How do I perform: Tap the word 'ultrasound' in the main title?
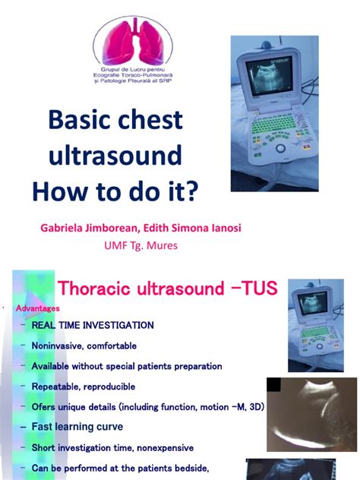pos(115,155)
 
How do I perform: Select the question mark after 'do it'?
pos(191,191)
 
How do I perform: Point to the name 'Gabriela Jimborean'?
pos(89,228)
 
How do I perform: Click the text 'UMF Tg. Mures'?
pos(141,245)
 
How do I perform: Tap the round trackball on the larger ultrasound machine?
pos(280,148)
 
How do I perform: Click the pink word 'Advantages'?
pos(38,308)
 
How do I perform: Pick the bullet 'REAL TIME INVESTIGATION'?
pos(93,325)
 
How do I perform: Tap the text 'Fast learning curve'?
pos(77,426)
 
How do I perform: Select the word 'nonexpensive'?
pos(166,448)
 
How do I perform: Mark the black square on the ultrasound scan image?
pos(273,384)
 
